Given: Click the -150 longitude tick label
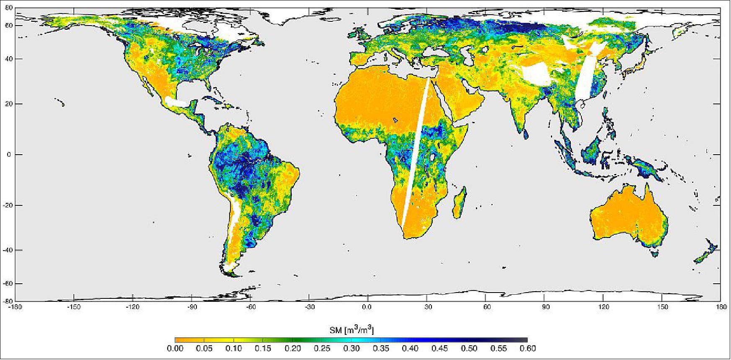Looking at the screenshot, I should (x=74, y=307).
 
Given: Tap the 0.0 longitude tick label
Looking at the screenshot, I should (x=367, y=307).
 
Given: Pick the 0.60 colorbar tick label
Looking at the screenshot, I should (x=527, y=348).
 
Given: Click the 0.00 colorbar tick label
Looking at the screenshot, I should (x=175, y=348).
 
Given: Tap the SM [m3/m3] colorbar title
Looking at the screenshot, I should (x=351, y=331).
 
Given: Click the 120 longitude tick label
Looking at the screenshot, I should (x=603, y=307).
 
